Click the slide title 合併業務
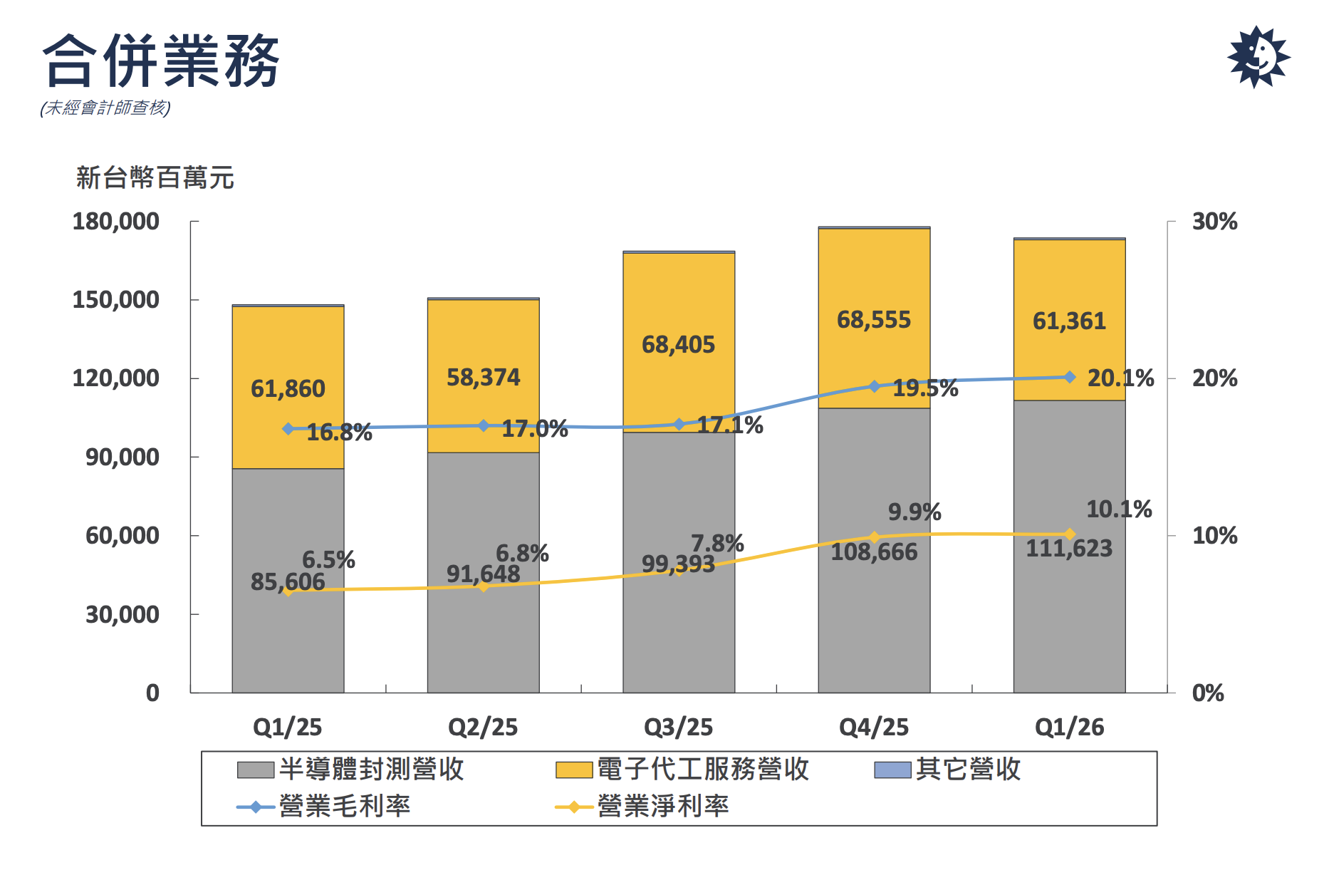point(161,61)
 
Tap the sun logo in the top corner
point(1258,56)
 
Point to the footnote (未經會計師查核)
point(105,108)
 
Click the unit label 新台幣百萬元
point(155,177)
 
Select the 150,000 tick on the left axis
point(115,300)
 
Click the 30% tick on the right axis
point(1214,222)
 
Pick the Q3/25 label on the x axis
point(678,727)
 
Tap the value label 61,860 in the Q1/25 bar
point(288,389)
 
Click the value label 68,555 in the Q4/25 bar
point(874,320)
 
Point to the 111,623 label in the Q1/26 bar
point(1069,549)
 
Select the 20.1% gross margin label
point(1120,378)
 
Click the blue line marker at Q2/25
point(484,425)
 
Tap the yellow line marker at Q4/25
point(875,537)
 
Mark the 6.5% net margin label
point(328,560)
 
